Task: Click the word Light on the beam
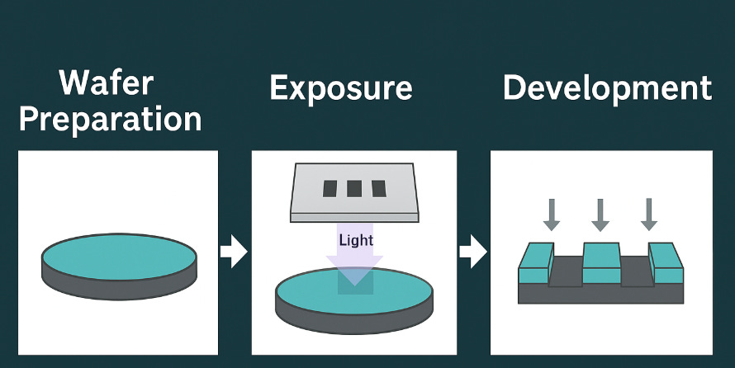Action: click(356, 240)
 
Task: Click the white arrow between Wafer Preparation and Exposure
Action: click(234, 252)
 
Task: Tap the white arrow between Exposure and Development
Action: click(472, 252)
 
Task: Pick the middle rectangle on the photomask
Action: click(354, 189)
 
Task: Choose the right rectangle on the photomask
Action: click(378, 189)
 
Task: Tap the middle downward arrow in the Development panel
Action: click(600, 214)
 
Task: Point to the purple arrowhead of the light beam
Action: click(355, 269)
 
